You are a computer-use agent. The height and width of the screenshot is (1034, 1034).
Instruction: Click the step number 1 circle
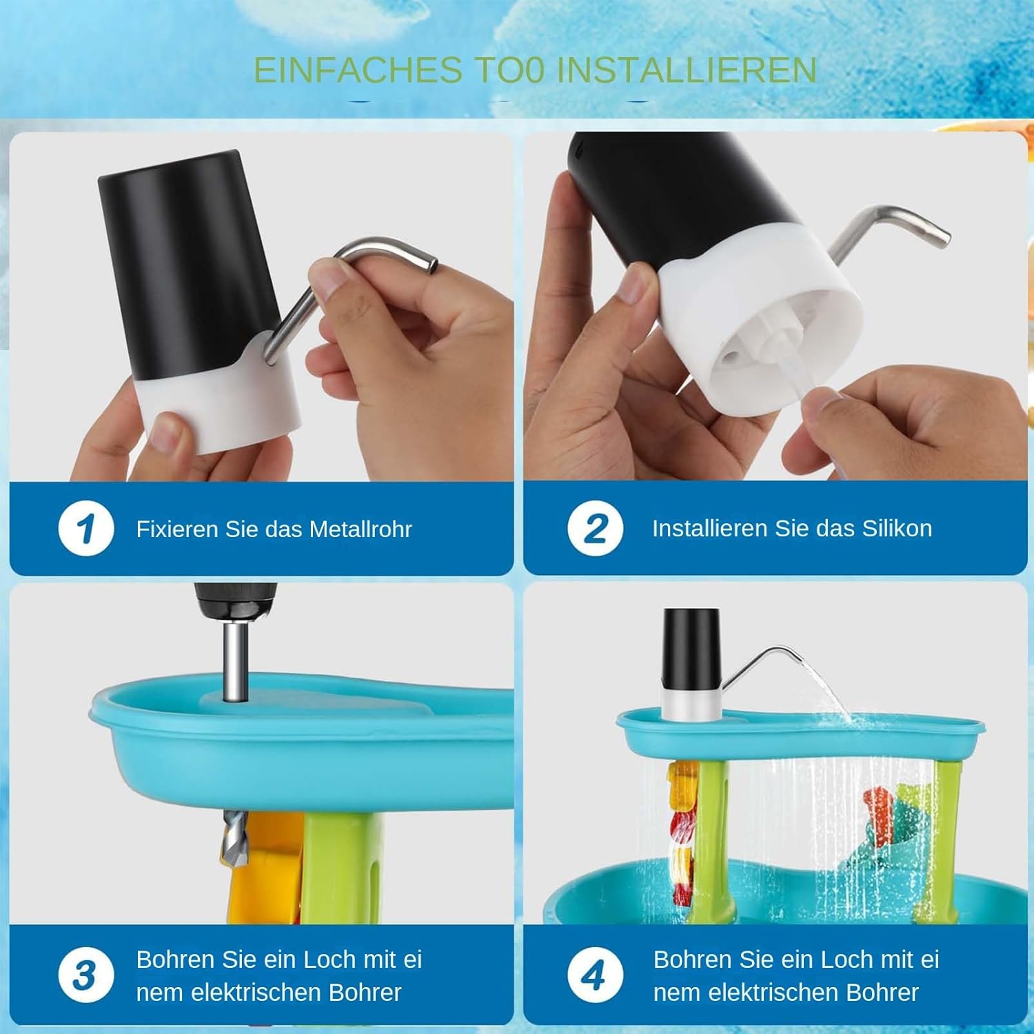click(x=85, y=529)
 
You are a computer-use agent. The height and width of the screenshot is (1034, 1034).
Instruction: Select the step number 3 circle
click(x=85, y=975)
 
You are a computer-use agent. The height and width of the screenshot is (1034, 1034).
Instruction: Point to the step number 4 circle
click(x=595, y=975)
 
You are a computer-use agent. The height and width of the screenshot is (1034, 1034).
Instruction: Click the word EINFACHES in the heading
click(x=358, y=70)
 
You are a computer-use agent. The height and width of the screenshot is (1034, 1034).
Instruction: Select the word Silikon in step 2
click(x=897, y=528)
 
